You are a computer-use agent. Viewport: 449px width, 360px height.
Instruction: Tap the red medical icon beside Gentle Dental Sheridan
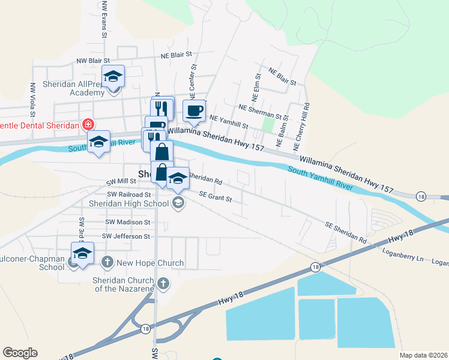(x=88, y=125)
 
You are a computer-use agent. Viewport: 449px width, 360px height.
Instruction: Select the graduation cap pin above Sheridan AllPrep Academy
(x=112, y=77)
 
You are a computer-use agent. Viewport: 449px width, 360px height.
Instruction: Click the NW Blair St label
(x=93, y=61)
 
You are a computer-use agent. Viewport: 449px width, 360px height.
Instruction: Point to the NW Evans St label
(x=104, y=19)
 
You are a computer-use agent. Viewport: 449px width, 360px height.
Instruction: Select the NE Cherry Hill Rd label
(x=306, y=125)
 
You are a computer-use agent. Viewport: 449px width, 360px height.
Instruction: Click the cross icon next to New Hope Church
(x=107, y=262)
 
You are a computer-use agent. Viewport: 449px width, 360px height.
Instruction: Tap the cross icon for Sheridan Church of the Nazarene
(x=162, y=283)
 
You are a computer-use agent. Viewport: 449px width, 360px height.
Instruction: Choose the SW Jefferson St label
(x=126, y=236)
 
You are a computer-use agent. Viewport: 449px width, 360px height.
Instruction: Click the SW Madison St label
(x=127, y=222)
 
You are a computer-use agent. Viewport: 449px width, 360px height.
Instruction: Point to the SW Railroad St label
(x=128, y=194)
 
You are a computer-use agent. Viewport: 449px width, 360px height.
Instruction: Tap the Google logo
(x=20, y=353)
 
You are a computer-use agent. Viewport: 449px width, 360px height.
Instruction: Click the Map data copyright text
(x=423, y=355)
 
